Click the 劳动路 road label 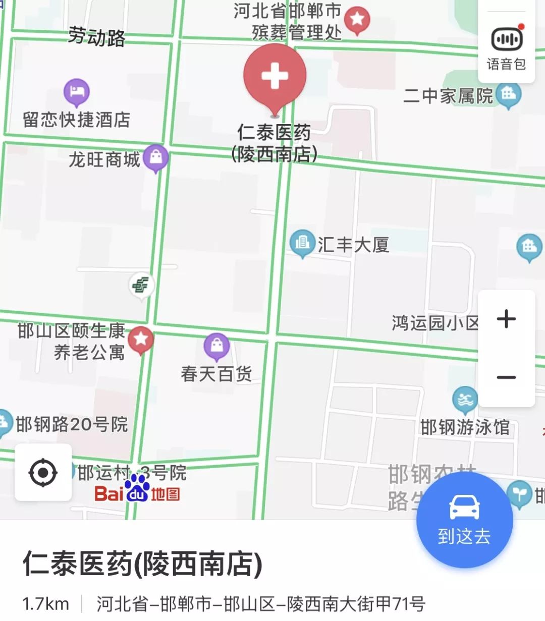coord(96,37)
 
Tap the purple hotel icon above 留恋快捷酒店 coord(77,92)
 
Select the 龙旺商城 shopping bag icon coord(156,157)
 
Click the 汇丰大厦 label coord(353,245)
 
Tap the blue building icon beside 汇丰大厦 coord(302,243)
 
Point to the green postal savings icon coord(141,286)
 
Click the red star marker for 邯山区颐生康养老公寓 coord(141,339)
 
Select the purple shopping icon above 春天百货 coord(217,346)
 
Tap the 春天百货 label coord(216,374)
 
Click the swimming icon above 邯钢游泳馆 coord(465,400)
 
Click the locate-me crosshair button coord(43,473)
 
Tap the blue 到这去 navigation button coord(464,520)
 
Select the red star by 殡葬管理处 coord(357,20)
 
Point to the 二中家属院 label coord(448,95)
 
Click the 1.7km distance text coord(45,603)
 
